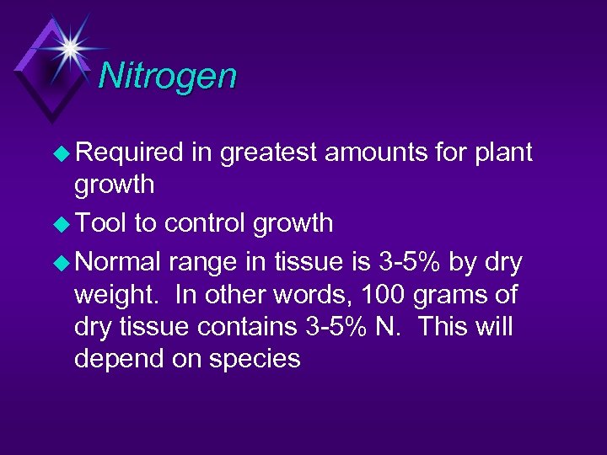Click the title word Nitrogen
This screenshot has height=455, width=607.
tap(168, 76)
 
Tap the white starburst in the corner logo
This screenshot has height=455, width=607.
tap(67, 45)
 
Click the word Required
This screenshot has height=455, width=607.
tap(129, 153)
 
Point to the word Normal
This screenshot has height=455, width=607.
tap(118, 264)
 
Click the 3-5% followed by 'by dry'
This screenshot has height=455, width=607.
tap(410, 264)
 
